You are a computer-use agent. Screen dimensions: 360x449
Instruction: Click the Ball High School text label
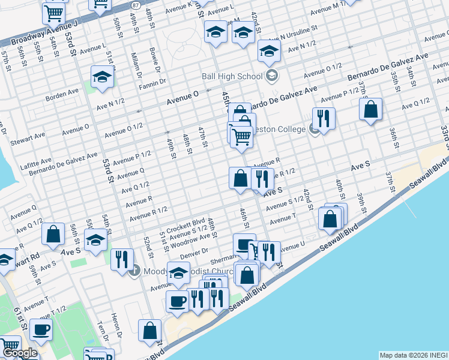click(232, 76)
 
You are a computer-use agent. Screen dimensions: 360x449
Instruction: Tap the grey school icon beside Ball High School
click(272, 76)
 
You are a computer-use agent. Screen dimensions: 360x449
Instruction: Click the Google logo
click(20, 353)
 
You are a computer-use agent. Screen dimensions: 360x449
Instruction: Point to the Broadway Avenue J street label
click(43, 34)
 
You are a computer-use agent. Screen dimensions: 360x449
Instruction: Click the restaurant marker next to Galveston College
click(324, 119)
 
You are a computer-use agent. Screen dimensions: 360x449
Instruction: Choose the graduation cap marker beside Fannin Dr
click(102, 76)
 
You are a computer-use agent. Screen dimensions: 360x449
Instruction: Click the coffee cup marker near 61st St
click(41, 329)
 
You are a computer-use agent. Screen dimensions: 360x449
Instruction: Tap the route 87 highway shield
click(136, 5)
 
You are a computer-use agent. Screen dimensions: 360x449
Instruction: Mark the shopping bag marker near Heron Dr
click(149, 329)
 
